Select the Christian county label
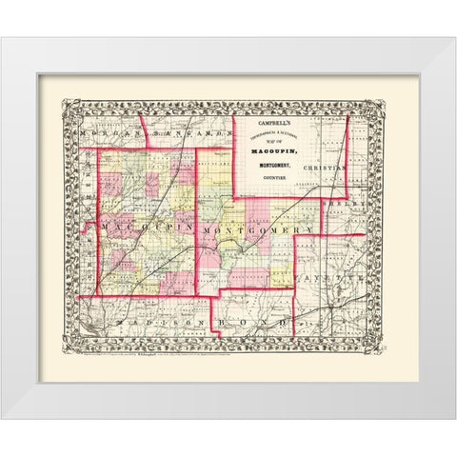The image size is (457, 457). tap(327, 167)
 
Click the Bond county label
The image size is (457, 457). tap(252, 327)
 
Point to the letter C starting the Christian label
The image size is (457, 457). tap(307, 167)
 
